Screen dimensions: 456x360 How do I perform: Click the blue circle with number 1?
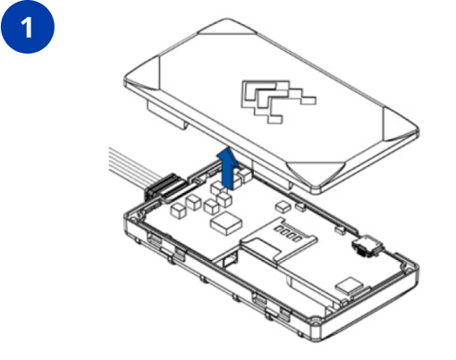28,27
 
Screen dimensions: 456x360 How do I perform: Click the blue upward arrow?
227,168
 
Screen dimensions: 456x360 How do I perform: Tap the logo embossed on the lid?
278,101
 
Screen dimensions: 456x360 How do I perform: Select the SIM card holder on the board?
279,239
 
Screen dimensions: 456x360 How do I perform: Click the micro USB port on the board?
367,246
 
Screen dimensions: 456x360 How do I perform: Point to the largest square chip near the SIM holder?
226,223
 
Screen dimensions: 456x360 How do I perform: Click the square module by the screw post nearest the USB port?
349,286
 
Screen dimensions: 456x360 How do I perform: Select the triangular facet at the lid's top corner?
227,27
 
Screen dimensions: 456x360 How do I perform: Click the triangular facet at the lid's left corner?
143,73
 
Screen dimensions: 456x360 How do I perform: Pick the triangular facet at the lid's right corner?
400,124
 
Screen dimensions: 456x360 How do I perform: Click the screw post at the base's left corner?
133,221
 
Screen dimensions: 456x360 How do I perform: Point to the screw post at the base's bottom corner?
316,322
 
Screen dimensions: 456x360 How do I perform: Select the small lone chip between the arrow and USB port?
283,206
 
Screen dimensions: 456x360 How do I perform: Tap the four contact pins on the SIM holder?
288,233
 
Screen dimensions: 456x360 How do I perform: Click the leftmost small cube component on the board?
178,211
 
